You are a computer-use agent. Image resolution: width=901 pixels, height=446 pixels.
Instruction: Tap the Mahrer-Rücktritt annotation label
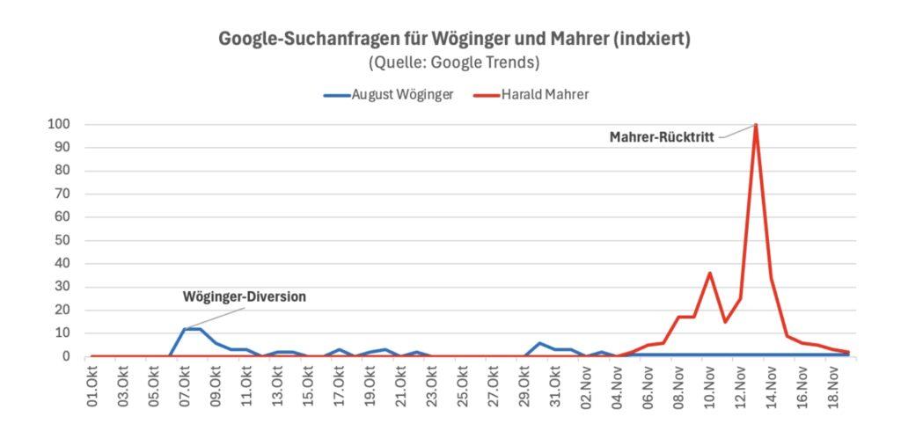point(662,136)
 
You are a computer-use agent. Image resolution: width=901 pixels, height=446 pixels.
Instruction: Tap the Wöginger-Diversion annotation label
point(244,296)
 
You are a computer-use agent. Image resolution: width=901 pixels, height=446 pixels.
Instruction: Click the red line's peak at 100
point(756,125)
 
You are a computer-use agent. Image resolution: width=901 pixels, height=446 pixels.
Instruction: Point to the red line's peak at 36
point(709,273)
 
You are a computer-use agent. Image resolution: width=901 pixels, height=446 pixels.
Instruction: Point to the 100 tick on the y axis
point(60,124)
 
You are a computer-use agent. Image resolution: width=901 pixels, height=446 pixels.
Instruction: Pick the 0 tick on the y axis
point(67,356)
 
